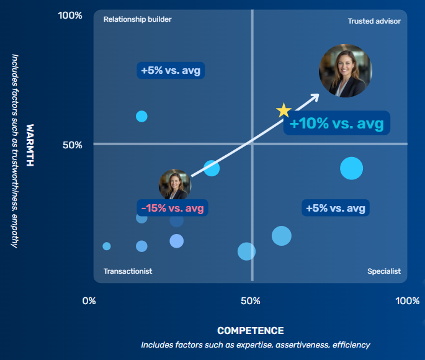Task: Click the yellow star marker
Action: [x=284, y=110]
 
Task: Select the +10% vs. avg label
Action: [x=336, y=124]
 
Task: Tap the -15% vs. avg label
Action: [x=172, y=208]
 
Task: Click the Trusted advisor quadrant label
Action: [x=374, y=21]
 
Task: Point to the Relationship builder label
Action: [x=137, y=19]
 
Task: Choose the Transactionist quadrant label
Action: [x=128, y=271]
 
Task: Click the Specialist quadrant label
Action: [x=383, y=271]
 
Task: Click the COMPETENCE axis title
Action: [x=250, y=331]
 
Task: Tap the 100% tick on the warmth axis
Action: [x=70, y=15]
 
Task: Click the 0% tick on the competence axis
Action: [x=89, y=301]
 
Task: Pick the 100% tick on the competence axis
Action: [x=407, y=301]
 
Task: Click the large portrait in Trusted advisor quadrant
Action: [x=346, y=71]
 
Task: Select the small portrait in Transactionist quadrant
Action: [x=174, y=185]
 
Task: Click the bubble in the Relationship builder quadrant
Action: [x=141, y=116]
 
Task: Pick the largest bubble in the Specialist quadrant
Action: [x=351, y=168]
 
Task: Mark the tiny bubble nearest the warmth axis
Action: [x=107, y=246]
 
